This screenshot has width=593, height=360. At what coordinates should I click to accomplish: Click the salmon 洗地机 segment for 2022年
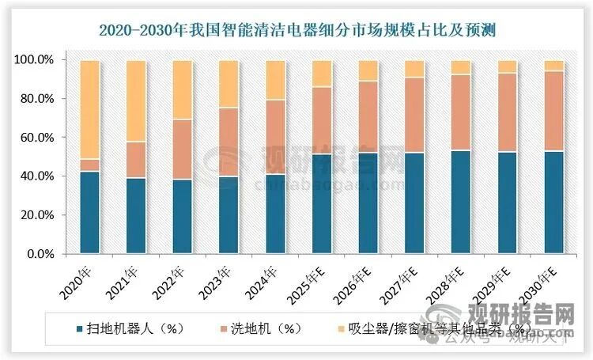183,150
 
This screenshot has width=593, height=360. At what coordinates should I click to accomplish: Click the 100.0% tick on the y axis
35,60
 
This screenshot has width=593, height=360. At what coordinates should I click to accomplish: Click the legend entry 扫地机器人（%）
134,328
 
